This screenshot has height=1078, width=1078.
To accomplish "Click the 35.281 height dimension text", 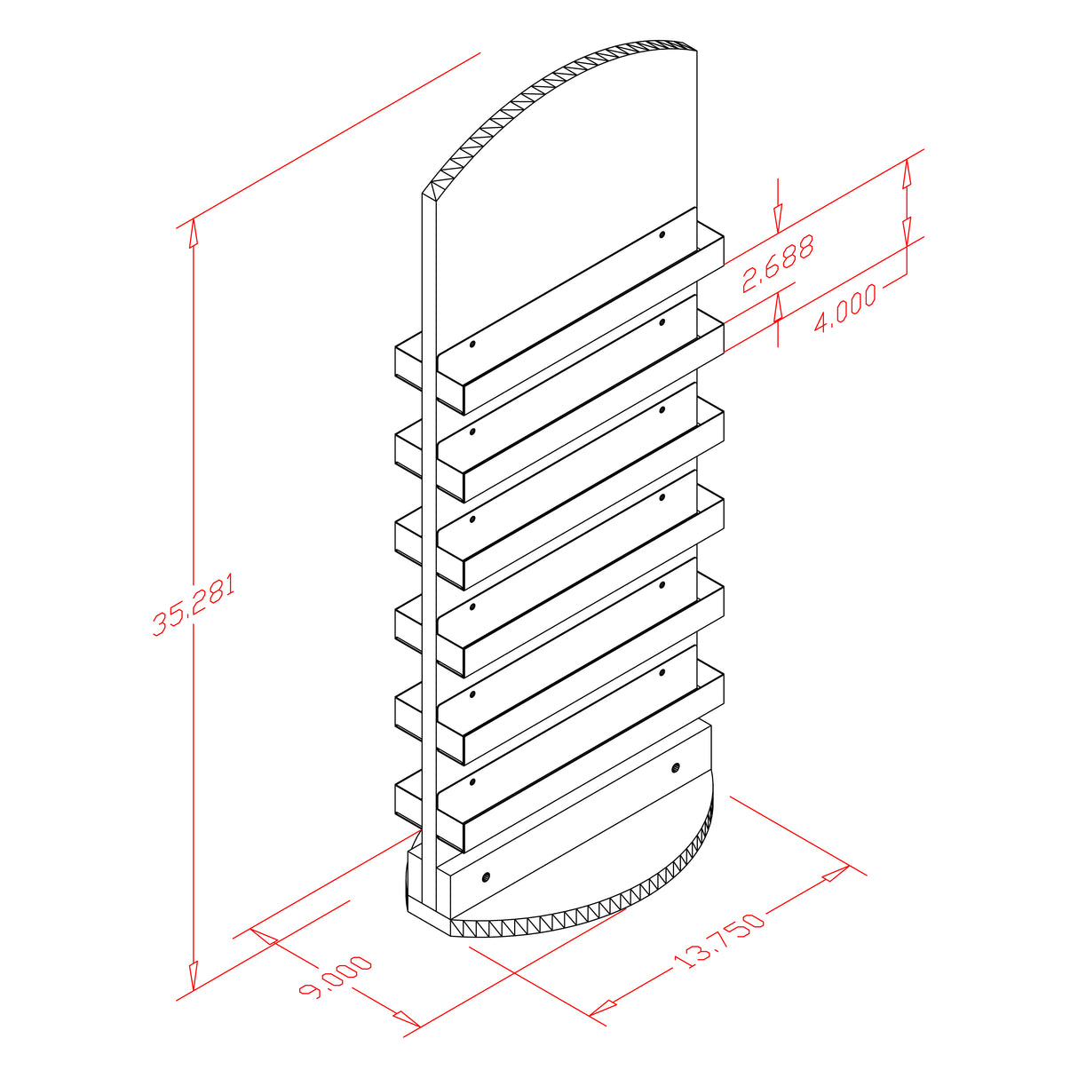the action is pyautogui.click(x=194, y=604).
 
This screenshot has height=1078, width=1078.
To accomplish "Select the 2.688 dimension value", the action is pyautogui.click(x=777, y=264).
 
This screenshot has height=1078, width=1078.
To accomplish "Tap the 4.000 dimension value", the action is pyautogui.click(x=844, y=307).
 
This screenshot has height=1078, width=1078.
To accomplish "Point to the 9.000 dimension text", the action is pyautogui.click(x=335, y=977).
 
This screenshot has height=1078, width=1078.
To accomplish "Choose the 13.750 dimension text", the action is pyautogui.click(x=718, y=941).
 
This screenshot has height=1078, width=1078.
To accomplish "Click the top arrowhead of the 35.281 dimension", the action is pyautogui.click(x=193, y=233).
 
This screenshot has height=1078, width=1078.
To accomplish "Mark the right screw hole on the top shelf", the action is pyautogui.click(x=662, y=235).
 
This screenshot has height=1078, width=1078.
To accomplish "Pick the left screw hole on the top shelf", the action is pyautogui.click(x=472, y=344).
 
